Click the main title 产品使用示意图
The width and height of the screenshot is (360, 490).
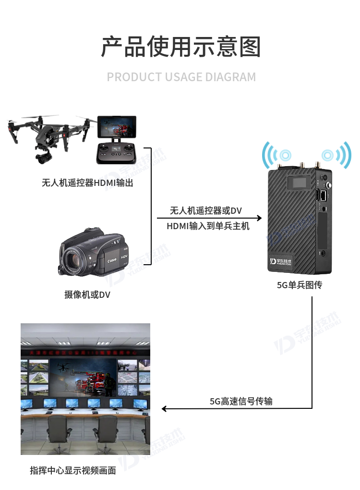pos(181,47)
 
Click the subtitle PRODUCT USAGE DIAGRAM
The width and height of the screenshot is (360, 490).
pos(181,77)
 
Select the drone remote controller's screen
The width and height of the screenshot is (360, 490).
pos(117,127)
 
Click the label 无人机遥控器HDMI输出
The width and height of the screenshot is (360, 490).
pos(87,183)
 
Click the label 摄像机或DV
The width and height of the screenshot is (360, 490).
pos(87,294)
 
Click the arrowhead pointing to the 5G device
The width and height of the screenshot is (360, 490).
pos(259,218)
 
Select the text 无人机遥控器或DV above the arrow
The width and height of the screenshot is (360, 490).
pos(206,210)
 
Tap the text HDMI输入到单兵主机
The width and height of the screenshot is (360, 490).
pos(208,226)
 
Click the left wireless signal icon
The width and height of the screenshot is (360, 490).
pos(276,155)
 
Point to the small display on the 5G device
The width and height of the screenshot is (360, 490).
pos(299,183)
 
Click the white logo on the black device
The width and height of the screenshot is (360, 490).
pos(280,262)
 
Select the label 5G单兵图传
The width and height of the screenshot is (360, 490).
pos(300,285)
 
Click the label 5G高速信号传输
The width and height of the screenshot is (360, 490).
pos(241,401)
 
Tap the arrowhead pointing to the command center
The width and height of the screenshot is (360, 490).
pos(164,408)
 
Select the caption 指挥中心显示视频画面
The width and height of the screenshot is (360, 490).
pos(73,470)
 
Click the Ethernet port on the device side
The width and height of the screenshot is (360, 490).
pos(324,196)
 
